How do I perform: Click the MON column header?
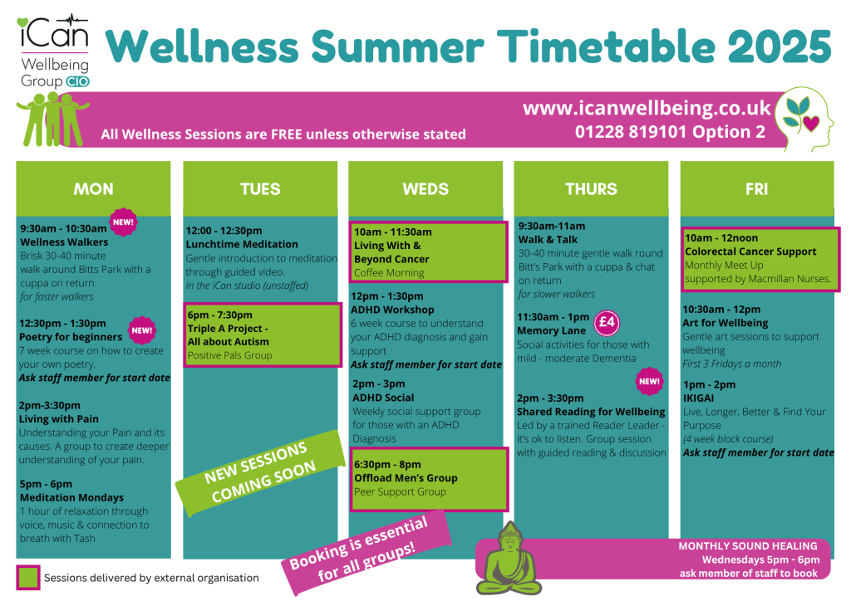click(93, 188)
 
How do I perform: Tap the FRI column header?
click(756, 188)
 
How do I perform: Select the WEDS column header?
click(425, 188)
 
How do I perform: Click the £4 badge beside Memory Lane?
click(607, 323)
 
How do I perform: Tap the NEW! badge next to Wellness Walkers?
click(123, 222)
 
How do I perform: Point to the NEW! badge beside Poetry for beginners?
click(142, 330)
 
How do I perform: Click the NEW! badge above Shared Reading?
click(649, 382)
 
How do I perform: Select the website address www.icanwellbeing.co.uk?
click(647, 109)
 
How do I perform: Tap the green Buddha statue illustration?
click(509, 558)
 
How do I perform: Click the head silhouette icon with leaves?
click(804, 120)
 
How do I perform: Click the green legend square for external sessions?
click(28, 577)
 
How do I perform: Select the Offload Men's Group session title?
click(406, 478)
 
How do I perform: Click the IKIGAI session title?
click(698, 398)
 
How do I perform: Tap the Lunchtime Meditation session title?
click(242, 244)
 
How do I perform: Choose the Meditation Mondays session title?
click(71, 497)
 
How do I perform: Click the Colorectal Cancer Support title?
click(750, 252)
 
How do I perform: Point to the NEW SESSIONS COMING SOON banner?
click(260, 472)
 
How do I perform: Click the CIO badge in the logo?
click(77, 82)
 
